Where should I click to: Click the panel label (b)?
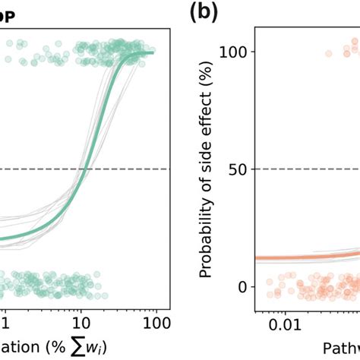203,12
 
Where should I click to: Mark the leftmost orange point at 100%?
328,53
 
